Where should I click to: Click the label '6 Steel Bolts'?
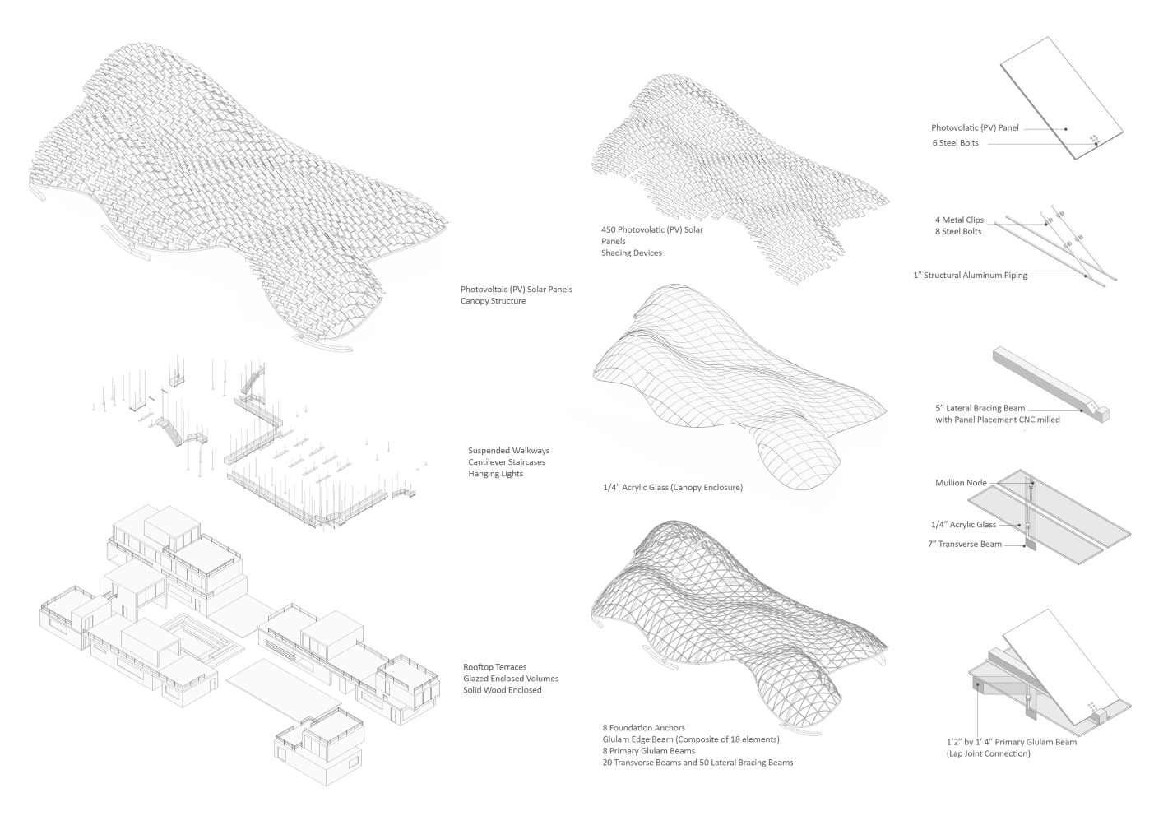955,143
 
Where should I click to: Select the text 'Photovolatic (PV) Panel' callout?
975,128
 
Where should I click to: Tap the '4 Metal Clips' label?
959,220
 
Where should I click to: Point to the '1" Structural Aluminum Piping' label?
970,276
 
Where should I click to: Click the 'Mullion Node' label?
961,483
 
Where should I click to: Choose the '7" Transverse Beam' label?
964,544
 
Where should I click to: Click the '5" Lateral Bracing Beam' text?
980,408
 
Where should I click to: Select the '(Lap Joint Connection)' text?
988,753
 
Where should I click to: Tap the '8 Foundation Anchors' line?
643,728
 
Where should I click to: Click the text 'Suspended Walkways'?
508,451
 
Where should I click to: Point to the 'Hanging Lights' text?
495,474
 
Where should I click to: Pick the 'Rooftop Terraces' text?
495,667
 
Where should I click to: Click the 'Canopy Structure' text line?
493,301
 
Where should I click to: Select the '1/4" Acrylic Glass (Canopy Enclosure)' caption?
673,488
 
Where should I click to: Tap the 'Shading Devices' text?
632,253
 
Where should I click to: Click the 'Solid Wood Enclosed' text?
503,690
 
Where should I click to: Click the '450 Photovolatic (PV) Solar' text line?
652,230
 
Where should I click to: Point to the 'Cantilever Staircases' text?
507,462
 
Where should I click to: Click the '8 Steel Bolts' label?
958,232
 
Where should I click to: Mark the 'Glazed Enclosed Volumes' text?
511,679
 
